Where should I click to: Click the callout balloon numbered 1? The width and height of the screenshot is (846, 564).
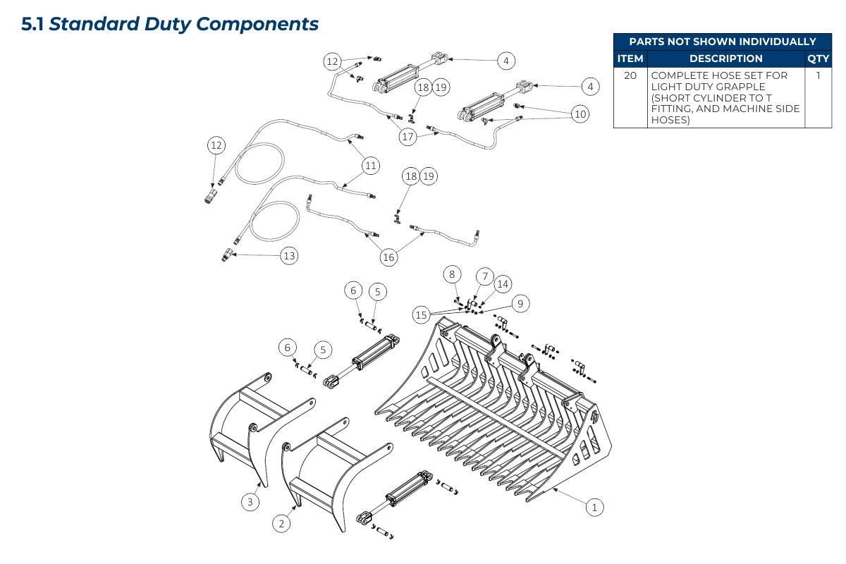tap(594, 506)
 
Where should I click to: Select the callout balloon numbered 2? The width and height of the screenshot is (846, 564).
tap(281, 523)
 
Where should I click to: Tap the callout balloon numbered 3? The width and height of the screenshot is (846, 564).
tap(250, 502)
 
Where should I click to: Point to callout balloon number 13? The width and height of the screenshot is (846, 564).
tap(289, 256)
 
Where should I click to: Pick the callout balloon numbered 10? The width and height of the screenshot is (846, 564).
tap(580, 114)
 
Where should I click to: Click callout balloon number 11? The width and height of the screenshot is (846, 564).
tap(371, 166)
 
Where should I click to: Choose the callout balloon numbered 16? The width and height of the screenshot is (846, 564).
tap(388, 257)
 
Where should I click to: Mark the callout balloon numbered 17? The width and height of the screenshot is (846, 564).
tap(407, 137)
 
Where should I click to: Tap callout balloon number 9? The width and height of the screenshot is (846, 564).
tap(520, 304)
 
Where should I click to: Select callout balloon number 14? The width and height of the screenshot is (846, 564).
tap(502, 284)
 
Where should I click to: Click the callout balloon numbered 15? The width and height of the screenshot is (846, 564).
tap(421, 314)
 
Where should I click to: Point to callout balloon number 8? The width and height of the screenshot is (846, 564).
tap(452, 274)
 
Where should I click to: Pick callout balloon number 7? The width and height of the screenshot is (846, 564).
tap(484, 275)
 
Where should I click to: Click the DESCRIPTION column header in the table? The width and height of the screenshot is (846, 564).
tap(725, 59)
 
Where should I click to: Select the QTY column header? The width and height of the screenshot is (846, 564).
tap(818, 59)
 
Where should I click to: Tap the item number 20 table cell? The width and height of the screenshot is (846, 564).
tap(630, 75)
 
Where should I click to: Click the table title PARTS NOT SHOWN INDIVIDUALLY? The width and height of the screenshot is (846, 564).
tap(722, 42)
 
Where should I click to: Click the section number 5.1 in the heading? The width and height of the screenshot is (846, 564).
tap(32, 24)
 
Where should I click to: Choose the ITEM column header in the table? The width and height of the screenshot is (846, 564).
tap(630, 59)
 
